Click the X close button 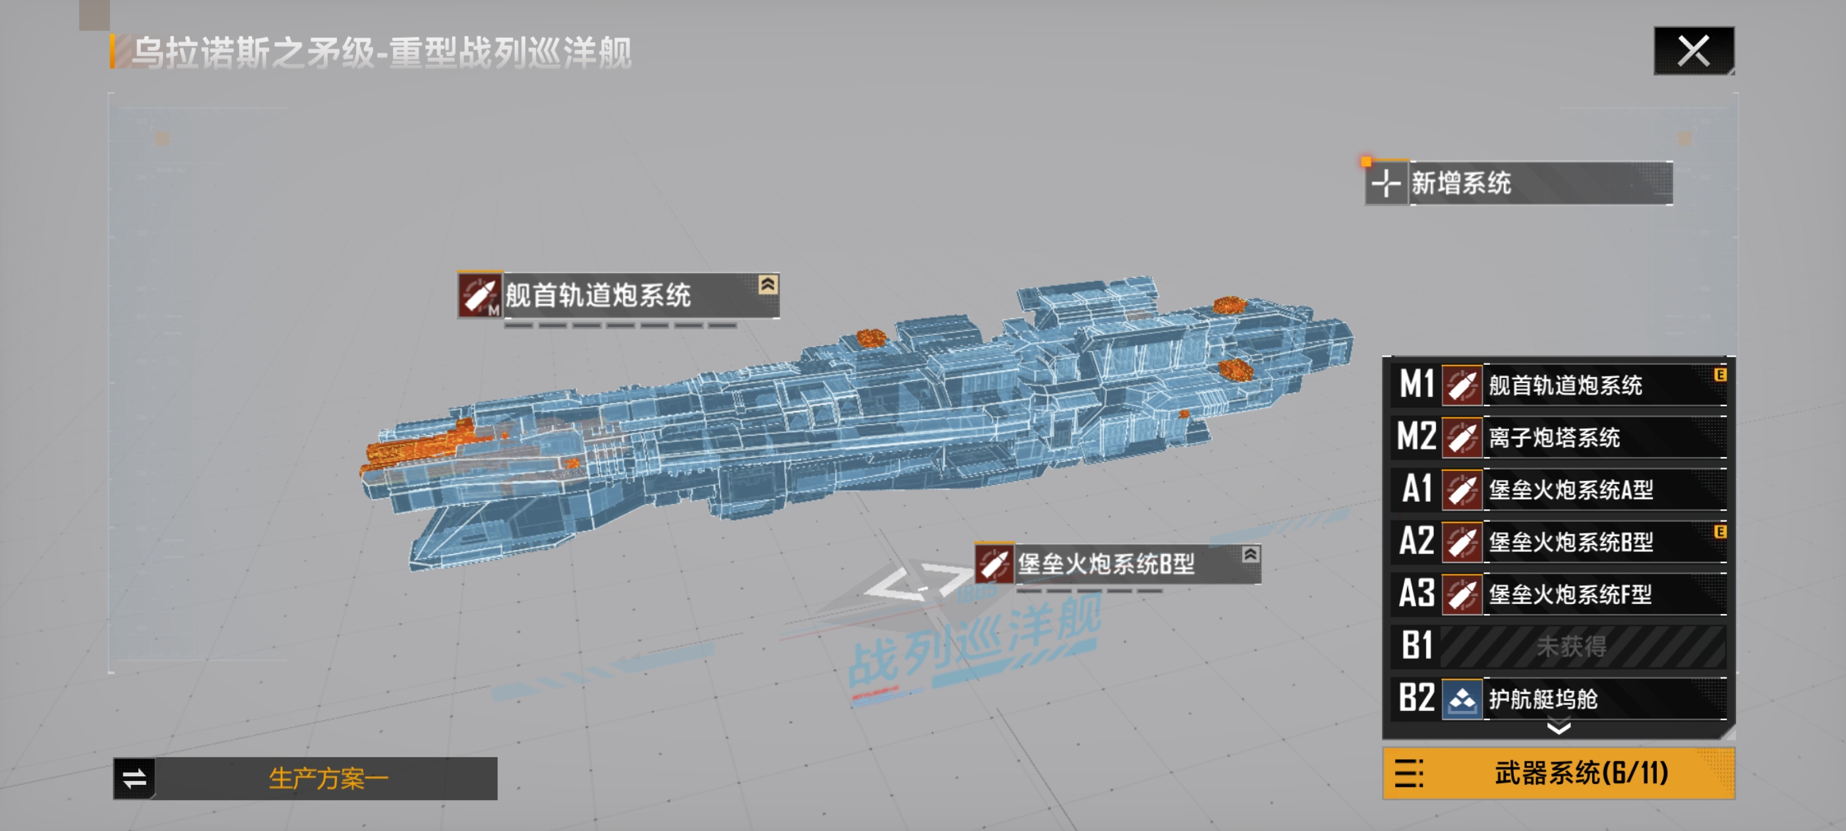tap(1693, 51)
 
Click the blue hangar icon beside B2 tap(1462, 699)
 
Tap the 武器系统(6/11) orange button tap(1559, 774)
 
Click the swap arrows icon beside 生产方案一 tap(134, 779)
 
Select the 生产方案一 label tap(328, 779)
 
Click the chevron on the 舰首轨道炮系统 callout tap(767, 285)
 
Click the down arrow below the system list tap(1559, 729)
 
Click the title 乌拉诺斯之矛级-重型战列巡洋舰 tap(381, 53)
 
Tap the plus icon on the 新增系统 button tap(1386, 183)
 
